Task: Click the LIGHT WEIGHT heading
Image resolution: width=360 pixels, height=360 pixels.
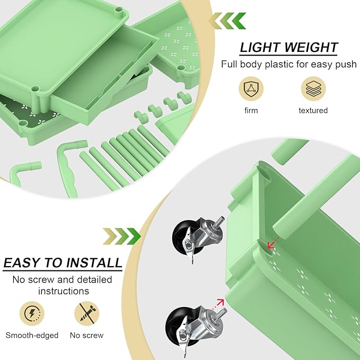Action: click(x=288, y=47)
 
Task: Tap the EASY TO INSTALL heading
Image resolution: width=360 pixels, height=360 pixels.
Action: click(x=63, y=263)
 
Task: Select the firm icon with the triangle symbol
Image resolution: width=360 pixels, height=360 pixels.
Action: click(x=251, y=88)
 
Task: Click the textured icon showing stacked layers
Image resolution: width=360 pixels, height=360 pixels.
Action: click(x=313, y=88)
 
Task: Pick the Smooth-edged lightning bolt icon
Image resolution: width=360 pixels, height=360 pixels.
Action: click(x=32, y=313)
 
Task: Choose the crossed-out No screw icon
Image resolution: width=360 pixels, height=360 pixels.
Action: click(x=86, y=313)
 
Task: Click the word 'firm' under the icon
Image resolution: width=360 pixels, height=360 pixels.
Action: click(x=251, y=110)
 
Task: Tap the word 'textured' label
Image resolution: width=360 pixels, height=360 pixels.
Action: click(x=313, y=110)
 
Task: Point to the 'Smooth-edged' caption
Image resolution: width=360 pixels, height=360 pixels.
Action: click(x=32, y=335)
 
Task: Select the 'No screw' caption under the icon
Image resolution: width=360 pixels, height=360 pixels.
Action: click(x=86, y=335)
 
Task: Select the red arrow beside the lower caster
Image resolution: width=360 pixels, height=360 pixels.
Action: click(x=218, y=304)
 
